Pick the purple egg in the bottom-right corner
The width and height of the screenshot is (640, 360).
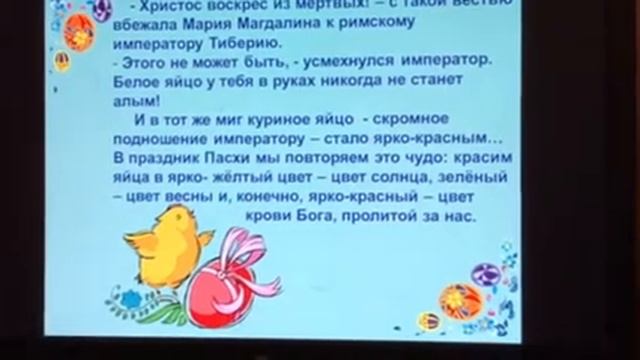[486, 273]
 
